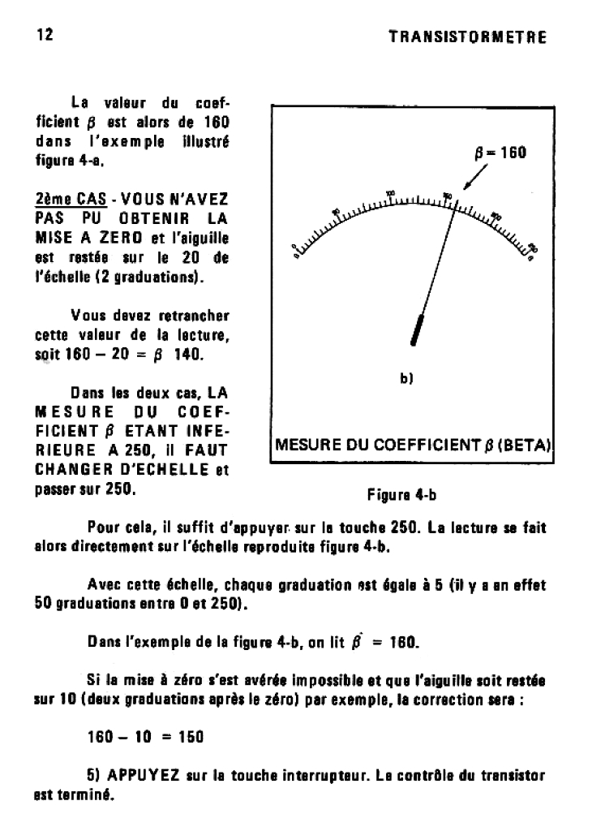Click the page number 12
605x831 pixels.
point(45,35)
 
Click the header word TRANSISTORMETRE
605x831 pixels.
point(467,37)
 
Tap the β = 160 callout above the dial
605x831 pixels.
point(500,153)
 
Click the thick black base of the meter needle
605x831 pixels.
point(419,329)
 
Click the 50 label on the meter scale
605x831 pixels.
point(336,212)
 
